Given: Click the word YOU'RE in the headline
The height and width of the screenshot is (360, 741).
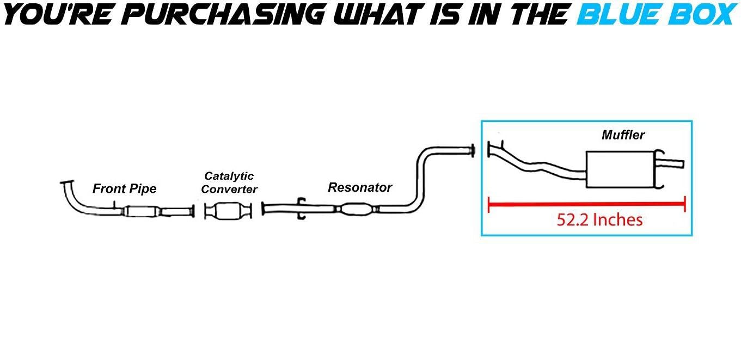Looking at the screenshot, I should pyautogui.click(x=54, y=15).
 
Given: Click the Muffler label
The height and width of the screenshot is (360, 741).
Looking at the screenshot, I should pyautogui.click(x=623, y=135).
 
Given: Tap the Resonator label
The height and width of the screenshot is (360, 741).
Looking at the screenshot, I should pyautogui.click(x=359, y=187).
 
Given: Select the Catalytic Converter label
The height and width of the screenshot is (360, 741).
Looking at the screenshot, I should pyautogui.click(x=229, y=182).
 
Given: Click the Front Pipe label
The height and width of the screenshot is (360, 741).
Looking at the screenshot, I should pyautogui.click(x=124, y=189).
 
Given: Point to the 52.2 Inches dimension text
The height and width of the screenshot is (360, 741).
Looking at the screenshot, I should pyautogui.click(x=599, y=220).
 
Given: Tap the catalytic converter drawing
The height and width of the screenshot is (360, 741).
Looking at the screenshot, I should pyautogui.click(x=228, y=210).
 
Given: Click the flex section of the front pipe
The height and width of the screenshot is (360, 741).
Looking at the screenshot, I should pyautogui.click(x=141, y=211).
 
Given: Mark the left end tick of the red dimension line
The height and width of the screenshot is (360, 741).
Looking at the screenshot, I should pyautogui.click(x=489, y=205).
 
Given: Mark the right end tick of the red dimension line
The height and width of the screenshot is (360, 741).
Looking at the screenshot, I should pyautogui.click(x=684, y=205).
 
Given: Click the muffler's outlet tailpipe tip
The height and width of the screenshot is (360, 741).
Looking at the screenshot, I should pyautogui.click(x=675, y=163).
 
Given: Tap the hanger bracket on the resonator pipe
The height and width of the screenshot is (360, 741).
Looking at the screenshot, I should pyautogui.click(x=302, y=209).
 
